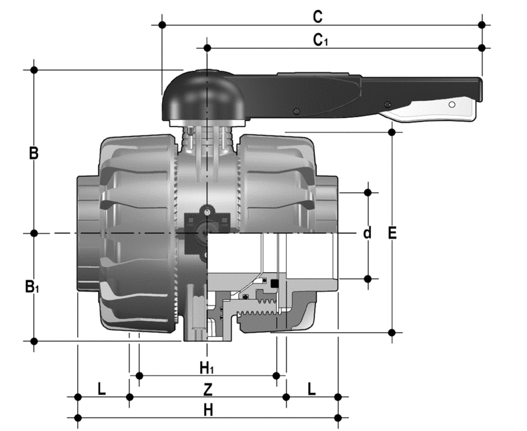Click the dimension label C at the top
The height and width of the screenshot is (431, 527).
318,16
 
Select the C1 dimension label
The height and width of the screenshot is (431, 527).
320,40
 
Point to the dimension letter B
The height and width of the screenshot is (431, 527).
34,153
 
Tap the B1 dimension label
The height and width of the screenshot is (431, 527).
32,287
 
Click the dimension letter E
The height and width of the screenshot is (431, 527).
392,233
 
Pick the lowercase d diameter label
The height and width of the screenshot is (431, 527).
368,233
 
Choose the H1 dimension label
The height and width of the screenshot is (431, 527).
207,368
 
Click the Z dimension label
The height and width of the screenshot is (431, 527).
208,389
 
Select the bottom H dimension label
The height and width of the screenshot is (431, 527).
208,410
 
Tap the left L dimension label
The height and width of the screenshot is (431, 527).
101,389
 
